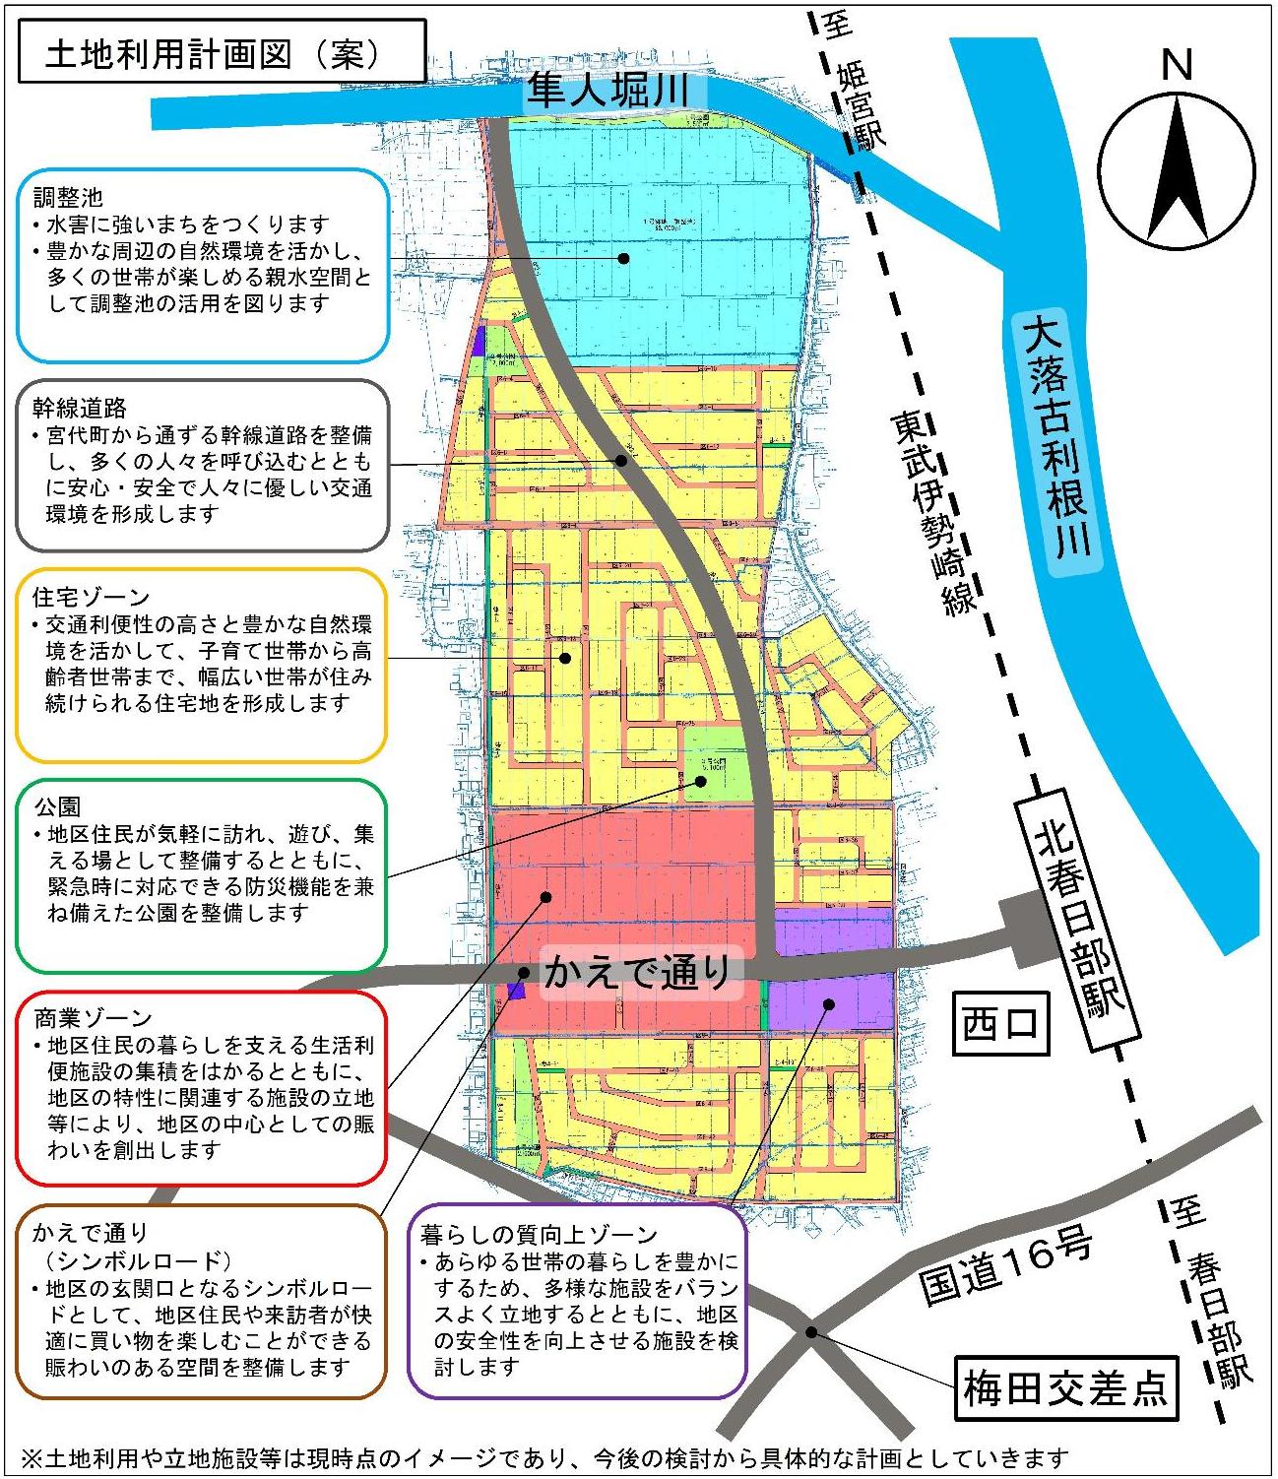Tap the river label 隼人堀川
[607, 90]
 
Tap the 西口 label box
[1000, 1023]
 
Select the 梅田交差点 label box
[1065, 1389]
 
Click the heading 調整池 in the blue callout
[68, 198]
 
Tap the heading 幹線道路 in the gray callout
[80, 408]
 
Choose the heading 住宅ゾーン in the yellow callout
[92, 597]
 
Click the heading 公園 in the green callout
[57, 806]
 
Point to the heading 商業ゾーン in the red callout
[94, 1017]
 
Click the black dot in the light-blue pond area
[623, 258]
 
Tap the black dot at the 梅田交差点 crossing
[809, 1332]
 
